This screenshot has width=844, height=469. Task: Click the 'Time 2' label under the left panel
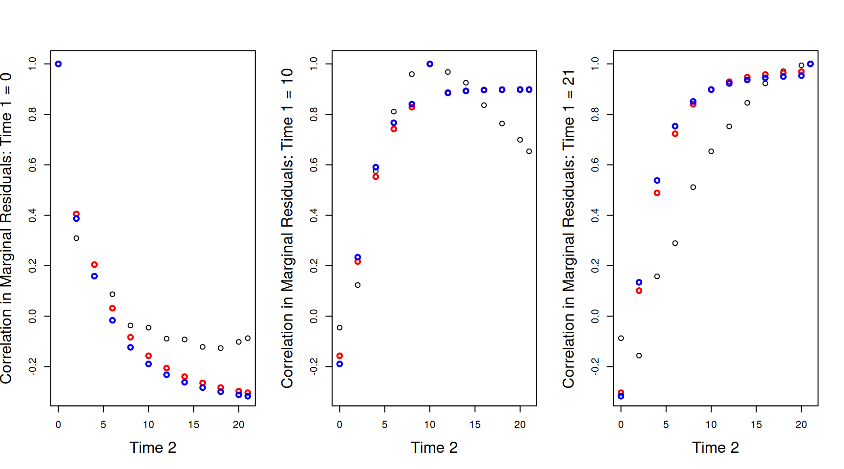click(x=152, y=448)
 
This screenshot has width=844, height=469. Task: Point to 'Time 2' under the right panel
click(x=715, y=448)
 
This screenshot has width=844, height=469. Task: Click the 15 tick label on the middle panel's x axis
click(x=475, y=425)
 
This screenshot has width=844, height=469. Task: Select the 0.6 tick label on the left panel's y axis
click(x=32, y=165)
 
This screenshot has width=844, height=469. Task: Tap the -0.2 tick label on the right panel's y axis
click(x=595, y=366)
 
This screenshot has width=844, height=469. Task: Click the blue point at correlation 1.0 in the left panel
click(x=58, y=64)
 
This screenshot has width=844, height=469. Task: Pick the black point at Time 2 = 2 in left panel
click(x=76, y=238)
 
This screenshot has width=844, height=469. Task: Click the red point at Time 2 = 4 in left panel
click(x=94, y=265)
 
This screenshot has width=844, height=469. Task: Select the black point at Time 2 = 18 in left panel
click(x=221, y=348)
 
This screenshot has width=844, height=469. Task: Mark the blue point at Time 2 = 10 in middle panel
click(x=430, y=64)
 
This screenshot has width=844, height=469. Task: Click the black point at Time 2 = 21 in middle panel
click(x=529, y=151)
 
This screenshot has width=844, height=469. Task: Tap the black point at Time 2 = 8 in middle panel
click(x=412, y=74)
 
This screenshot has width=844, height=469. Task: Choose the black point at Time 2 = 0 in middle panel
click(x=339, y=328)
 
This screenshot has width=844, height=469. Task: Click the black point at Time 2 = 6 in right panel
click(x=675, y=243)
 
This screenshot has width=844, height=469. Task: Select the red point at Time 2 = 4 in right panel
click(x=657, y=193)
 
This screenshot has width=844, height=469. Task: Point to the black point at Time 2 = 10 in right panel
click(x=711, y=151)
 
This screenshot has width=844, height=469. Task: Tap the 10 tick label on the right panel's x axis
click(x=711, y=425)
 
